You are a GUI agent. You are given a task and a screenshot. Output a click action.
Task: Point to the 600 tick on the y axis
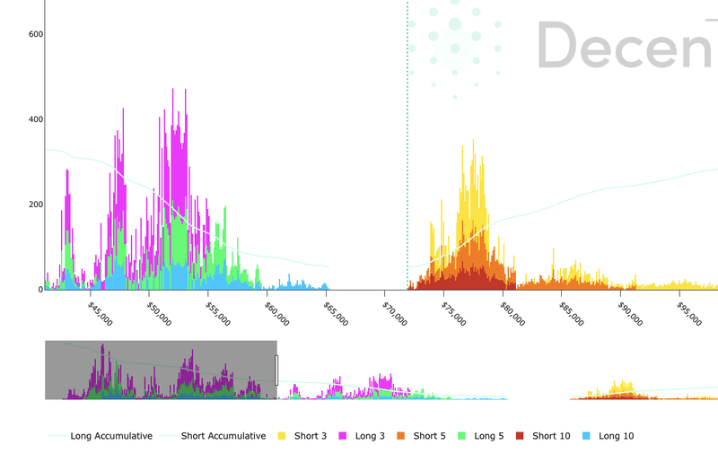click(35, 34)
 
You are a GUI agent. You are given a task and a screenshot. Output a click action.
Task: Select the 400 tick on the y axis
click(35, 119)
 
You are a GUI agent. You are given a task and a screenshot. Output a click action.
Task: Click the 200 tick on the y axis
click(35, 205)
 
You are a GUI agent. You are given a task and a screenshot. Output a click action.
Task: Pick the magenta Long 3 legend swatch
click(344, 436)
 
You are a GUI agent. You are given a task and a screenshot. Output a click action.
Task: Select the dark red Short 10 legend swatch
click(521, 436)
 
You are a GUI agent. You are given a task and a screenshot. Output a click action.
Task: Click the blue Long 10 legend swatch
click(586, 436)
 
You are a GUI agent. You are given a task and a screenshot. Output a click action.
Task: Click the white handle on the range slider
click(276, 370)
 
